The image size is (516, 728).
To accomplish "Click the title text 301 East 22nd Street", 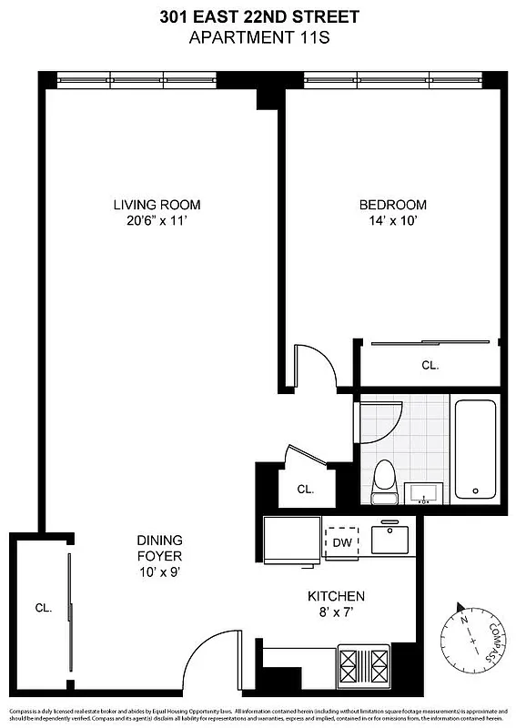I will pos(258,16).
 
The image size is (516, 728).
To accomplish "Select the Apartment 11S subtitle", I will pos(258,37).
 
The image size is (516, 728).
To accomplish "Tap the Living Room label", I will pos(157,205).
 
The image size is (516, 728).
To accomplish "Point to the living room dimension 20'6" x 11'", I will pos(157,221).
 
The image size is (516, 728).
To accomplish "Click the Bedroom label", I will pos(392,205).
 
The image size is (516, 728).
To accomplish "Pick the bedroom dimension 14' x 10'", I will pos(392,221).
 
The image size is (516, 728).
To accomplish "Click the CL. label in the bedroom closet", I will pos(430,365).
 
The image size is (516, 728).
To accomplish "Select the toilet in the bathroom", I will pos(383,480).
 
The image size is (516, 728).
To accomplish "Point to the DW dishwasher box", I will pos(342,542).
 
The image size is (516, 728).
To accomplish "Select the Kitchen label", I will pos(336,597).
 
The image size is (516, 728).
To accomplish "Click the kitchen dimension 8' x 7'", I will pos(336,613).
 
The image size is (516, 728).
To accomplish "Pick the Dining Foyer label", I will pos(159,548).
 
